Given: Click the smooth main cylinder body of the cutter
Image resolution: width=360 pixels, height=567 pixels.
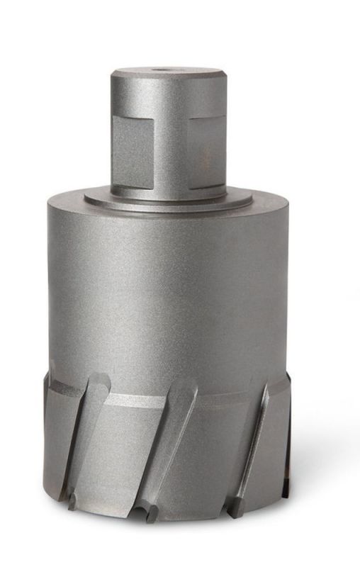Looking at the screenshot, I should pyautogui.click(x=168, y=291).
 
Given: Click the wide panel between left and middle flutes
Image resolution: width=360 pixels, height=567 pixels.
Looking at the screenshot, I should pyautogui.click(x=128, y=454).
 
